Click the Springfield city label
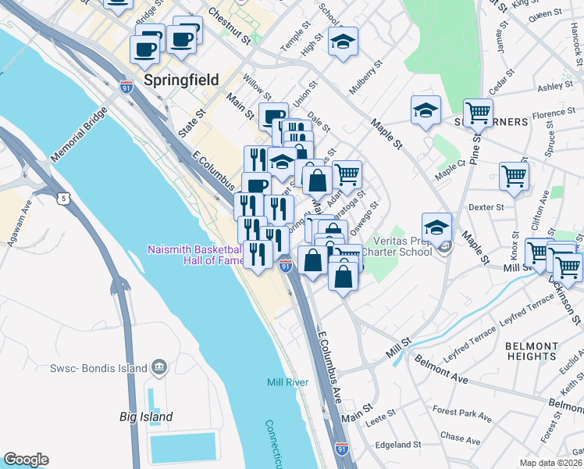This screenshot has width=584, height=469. click(181, 80)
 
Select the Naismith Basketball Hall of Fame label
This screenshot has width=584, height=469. click(195, 256)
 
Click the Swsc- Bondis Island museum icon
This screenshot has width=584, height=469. click(159, 367)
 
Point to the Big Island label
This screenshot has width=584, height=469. click(146, 417)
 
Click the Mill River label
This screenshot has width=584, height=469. click(287, 382)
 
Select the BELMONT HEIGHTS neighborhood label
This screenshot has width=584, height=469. click(532, 351)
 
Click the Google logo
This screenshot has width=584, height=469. click(26, 460)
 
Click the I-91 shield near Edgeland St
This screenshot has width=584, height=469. click(341, 448)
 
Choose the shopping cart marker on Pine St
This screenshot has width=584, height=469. click(478, 112)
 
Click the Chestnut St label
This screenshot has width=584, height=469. click(229, 28)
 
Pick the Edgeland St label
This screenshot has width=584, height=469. click(398, 445)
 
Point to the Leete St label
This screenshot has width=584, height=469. click(383, 420)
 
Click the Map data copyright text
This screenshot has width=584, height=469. click(551, 463)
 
